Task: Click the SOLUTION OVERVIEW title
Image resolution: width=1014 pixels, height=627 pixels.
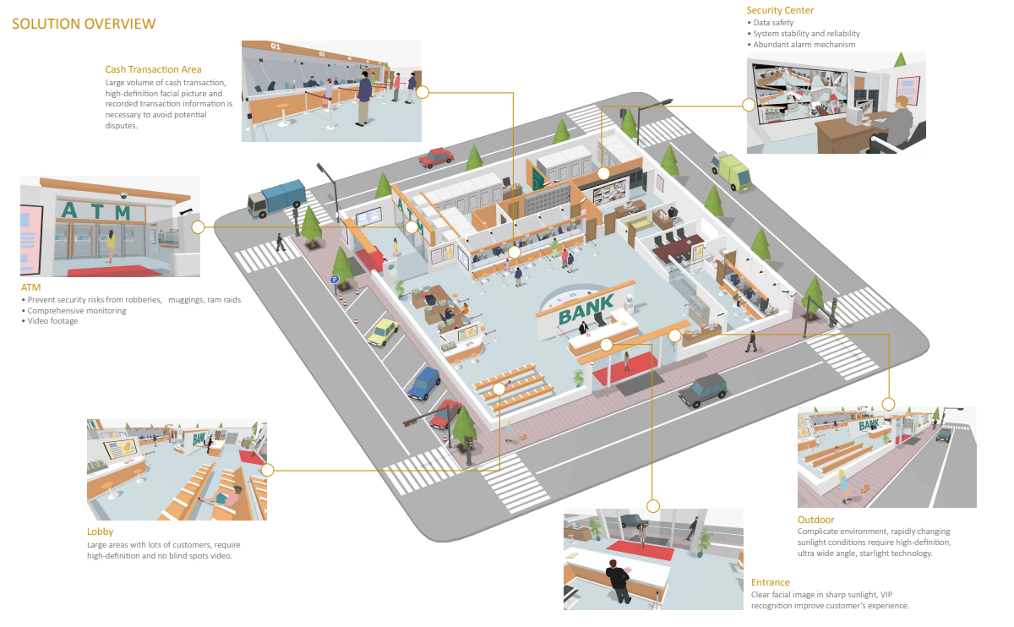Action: (x=84, y=24)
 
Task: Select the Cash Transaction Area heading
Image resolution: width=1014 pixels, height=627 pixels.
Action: (x=153, y=69)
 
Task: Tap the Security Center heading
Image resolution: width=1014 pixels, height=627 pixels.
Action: (x=780, y=10)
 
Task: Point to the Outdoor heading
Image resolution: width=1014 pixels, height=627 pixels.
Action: (x=815, y=520)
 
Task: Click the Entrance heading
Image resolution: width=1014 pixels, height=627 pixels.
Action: (x=770, y=582)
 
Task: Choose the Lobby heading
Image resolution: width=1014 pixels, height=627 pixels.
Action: (x=100, y=532)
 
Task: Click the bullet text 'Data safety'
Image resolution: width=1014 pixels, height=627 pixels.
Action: (x=773, y=23)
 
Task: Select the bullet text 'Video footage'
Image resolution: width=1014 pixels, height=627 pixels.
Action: (x=52, y=321)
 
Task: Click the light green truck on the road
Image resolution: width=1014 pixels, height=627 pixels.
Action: (x=732, y=172)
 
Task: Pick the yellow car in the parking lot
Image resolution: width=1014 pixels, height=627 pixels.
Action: (x=383, y=332)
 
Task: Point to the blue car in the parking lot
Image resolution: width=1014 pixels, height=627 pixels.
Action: (x=424, y=383)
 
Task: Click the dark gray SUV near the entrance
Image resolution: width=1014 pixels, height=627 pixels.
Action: (x=703, y=390)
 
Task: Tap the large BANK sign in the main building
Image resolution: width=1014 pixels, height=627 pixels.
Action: (x=586, y=308)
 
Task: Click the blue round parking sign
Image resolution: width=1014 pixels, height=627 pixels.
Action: (x=335, y=280)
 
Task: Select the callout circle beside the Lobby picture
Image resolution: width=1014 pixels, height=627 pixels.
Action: (x=268, y=470)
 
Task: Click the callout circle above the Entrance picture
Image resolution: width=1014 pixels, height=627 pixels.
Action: (x=652, y=505)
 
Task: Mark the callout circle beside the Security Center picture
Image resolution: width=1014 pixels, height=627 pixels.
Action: (x=749, y=105)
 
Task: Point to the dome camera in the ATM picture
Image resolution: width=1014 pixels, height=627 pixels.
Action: (x=123, y=195)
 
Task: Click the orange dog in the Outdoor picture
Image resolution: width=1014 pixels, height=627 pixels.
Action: (x=865, y=488)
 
